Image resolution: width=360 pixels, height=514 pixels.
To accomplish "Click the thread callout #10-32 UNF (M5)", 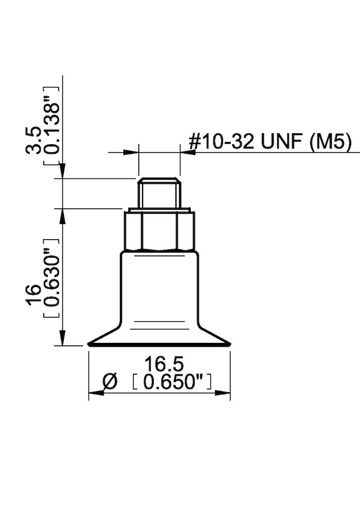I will [270, 142].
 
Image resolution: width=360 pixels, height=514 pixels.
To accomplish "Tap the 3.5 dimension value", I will [35, 140].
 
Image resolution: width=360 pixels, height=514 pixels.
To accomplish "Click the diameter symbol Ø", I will [110, 382].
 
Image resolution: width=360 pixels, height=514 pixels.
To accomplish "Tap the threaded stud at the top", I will [158, 193].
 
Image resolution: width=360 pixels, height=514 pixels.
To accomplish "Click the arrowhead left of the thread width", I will [132, 152].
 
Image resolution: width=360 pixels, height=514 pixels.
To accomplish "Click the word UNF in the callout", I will [283, 142].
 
